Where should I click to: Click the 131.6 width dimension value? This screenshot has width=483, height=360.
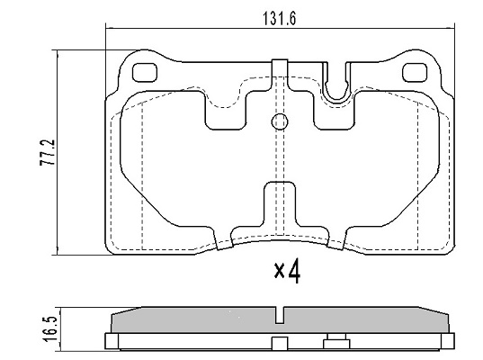[279, 19]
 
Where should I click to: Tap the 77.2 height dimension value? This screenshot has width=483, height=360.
[47, 153]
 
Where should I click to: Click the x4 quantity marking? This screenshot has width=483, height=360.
[287, 271]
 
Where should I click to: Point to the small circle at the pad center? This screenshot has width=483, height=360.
[280, 122]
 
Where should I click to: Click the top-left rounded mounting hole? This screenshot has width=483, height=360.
[145, 72]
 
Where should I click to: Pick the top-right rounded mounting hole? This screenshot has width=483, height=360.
[415, 72]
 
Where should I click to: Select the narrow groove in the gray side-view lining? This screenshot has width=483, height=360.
[280, 315]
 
